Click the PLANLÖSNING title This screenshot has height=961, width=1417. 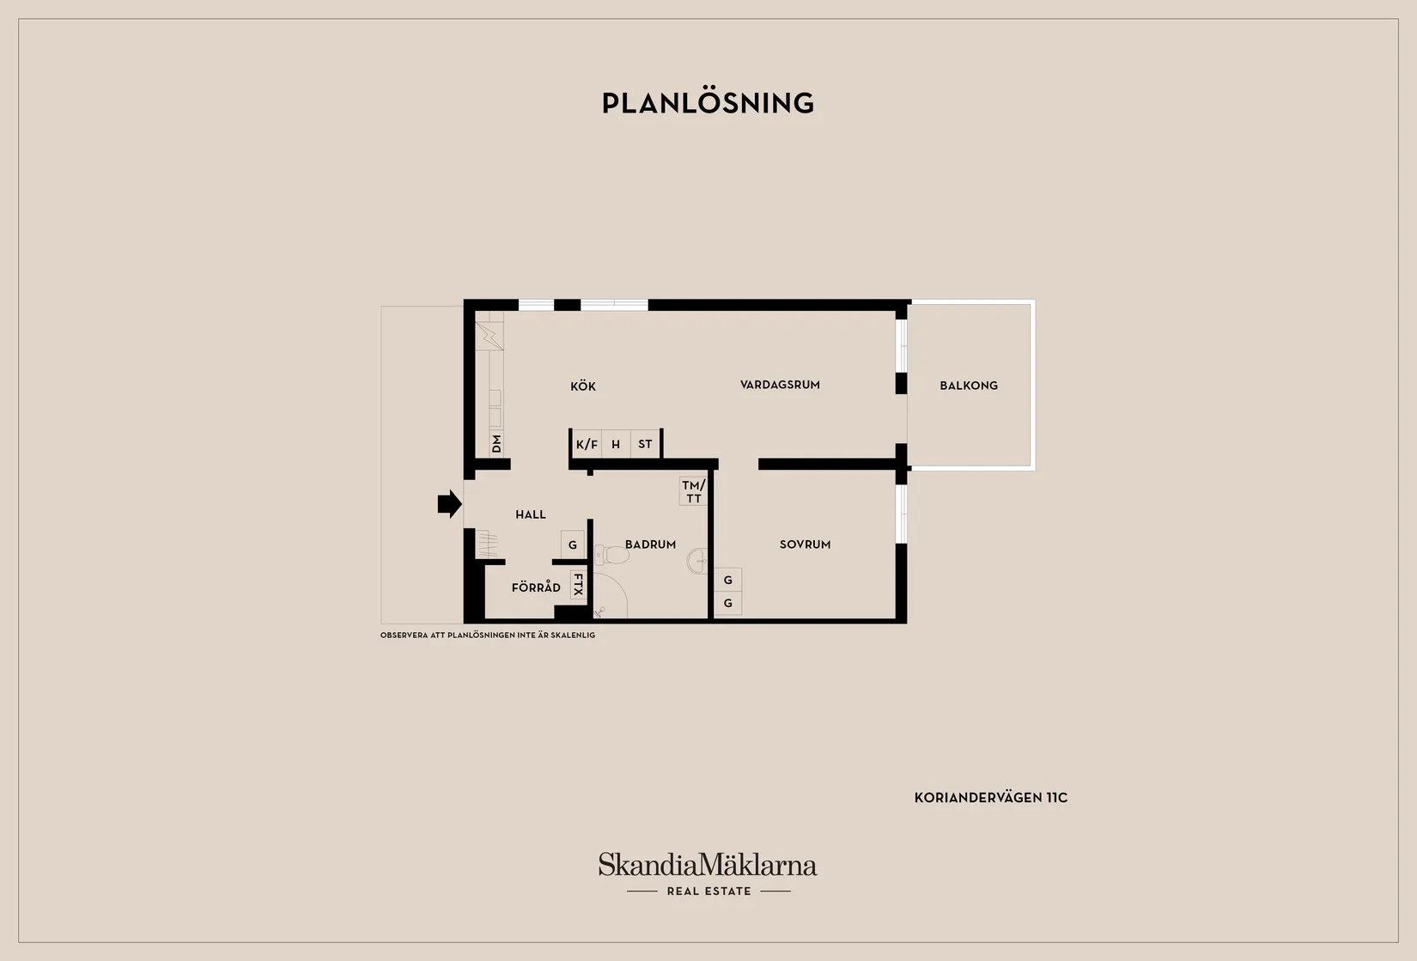pyautogui.click(x=708, y=103)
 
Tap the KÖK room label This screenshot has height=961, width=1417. pyautogui.click(x=582, y=386)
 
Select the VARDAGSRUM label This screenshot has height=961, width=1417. pyautogui.click(x=780, y=385)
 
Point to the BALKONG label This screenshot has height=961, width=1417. pyautogui.click(x=969, y=386)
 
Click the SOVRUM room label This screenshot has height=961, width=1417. pyautogui.click(x=805, y=544)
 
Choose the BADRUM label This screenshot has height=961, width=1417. pyautogui.click(x=650, y=544)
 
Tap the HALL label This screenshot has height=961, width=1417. pyautogui.click(x=530, y=514)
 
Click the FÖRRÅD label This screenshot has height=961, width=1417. pyautogui.click(x=536, y=587)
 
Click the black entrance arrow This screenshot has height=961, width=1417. pyautogui.click(x=450, y=504)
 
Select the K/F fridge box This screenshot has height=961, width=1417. pyautogui.click(x=587, y=444)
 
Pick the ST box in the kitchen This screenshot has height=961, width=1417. pyautogui.click(x=645, y=444)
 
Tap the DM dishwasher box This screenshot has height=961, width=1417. pyautogui.click(x=496, y=443)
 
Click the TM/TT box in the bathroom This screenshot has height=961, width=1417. pyautogui.click(x=693, y=491)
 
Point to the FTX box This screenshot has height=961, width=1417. pyautogui.click(x=578, y=585)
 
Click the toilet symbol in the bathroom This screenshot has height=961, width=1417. pyautogui.click(x=611, y=556)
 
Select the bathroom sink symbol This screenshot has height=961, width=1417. pyautogui.click(x=697, y=561)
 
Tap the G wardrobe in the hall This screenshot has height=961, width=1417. pyautogui.click(x=573, y=544)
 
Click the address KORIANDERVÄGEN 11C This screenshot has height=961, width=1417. pyautogui.click(x=991, y=798)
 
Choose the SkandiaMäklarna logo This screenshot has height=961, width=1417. pyautogui.click(x=708, y=873)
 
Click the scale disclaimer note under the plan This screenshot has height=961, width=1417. pyautogui.click(x=488, y=636)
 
